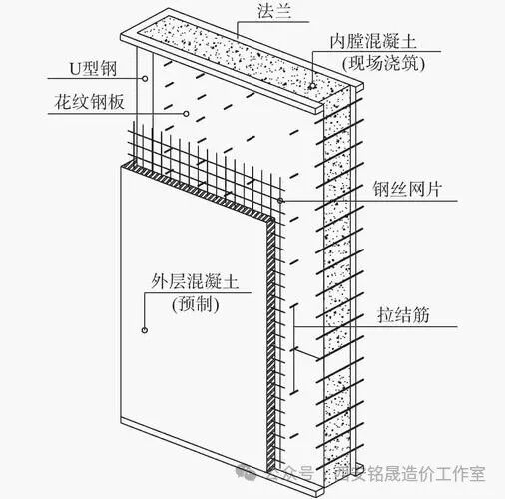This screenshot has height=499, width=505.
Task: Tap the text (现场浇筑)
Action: (x=376, y=64)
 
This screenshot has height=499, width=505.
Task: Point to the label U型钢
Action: (x=73, y=71)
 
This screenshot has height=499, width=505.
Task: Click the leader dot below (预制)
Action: (x=145, y=328)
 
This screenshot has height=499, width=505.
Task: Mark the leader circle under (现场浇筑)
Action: (x=312, y=86)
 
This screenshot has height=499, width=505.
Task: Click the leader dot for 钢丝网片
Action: (x=282, y=201)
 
